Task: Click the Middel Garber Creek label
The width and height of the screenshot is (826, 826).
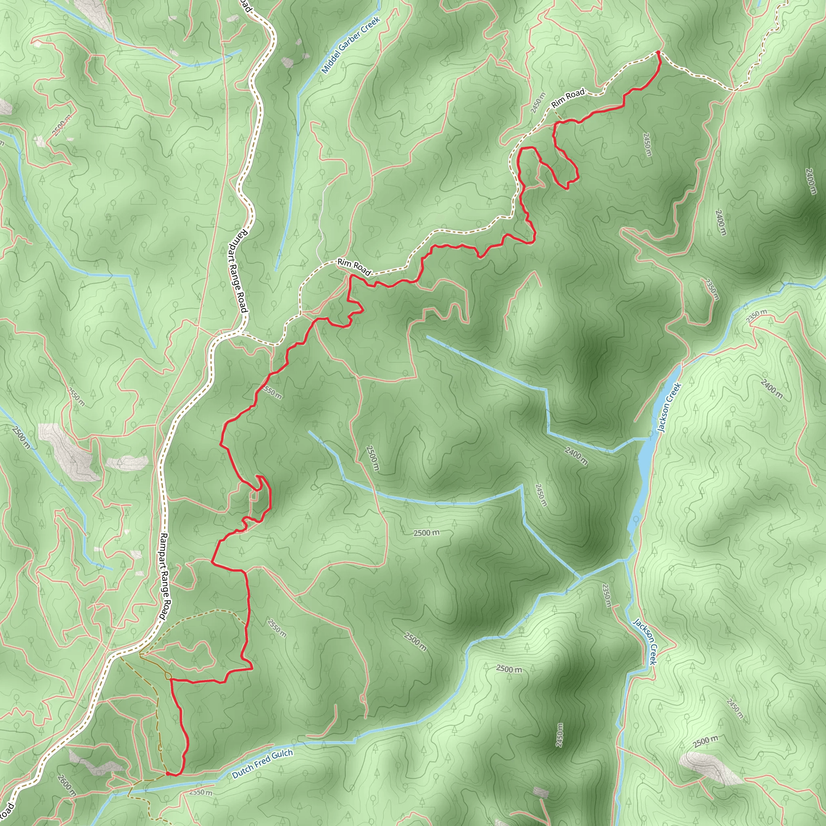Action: click(350, 45)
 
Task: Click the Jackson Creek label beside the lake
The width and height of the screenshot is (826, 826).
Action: click(669, 407)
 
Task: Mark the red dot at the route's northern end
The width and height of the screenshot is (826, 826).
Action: click(658, 52)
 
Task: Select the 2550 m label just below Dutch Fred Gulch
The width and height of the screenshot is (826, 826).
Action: click(200, 792)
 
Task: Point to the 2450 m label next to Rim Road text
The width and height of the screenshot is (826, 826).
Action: click(538, 103)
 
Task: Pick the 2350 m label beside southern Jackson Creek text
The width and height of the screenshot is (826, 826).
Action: click(606, 595)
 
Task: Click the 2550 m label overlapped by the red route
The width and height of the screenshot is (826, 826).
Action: click(272, 392)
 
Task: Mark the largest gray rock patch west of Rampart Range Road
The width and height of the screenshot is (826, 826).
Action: click(69, 451)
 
